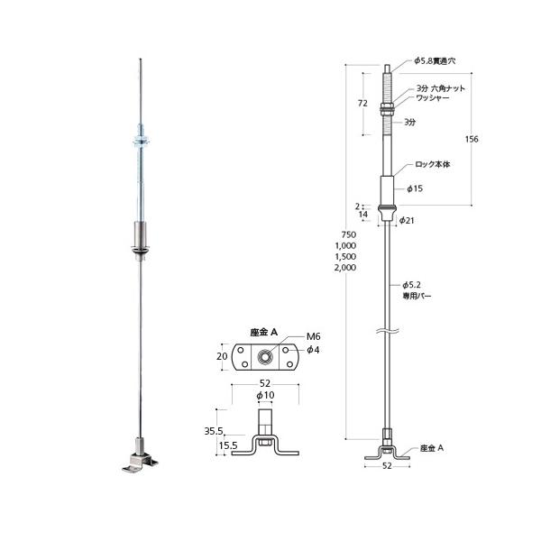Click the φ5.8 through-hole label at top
(435, 61)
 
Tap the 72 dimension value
(362, 104)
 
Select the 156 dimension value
(471, 139)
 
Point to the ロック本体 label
(432, 165)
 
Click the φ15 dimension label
(415, 188)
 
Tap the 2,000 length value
(344, 269)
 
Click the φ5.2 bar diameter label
(413, 284)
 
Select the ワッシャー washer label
(433, 100)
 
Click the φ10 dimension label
(266, 396)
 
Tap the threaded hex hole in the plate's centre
(267, 355)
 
